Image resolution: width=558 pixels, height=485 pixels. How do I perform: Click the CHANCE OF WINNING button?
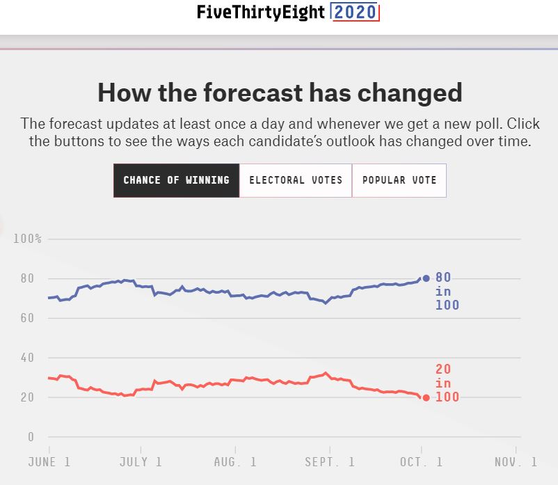point(176,180)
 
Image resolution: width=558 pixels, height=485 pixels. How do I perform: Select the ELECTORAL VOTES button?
point(296,180)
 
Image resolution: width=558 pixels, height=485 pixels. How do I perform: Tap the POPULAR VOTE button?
point(399,180)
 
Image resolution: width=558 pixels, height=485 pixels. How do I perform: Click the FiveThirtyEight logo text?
point(261,13)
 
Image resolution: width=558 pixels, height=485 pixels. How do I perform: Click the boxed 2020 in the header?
point(355,13)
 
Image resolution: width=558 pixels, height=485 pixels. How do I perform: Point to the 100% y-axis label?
point(28,239)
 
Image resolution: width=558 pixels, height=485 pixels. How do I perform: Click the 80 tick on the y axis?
point(28,279)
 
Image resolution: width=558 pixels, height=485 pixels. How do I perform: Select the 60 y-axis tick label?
point(28,319)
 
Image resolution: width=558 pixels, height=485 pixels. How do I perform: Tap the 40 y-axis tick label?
point(28,358)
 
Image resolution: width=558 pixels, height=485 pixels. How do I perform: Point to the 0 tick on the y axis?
point(31,438)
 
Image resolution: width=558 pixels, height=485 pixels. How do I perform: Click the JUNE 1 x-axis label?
point(49,462)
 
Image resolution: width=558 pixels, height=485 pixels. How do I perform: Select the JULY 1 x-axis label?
point(141,462)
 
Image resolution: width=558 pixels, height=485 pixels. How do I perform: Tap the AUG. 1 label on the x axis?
point(234,462)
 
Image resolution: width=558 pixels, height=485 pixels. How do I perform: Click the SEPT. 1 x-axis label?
point(328,462)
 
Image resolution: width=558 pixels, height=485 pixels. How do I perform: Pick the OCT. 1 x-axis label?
point(420,462)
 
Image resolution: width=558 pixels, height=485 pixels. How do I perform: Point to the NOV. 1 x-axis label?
point(516,462)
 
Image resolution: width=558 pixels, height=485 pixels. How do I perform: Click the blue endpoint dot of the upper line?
point(426,278)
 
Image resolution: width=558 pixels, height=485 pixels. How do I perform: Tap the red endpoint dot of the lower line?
point(426,398)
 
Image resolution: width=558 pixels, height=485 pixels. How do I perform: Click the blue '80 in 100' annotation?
point(447,292)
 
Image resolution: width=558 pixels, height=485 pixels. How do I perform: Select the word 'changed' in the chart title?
point(410,93)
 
